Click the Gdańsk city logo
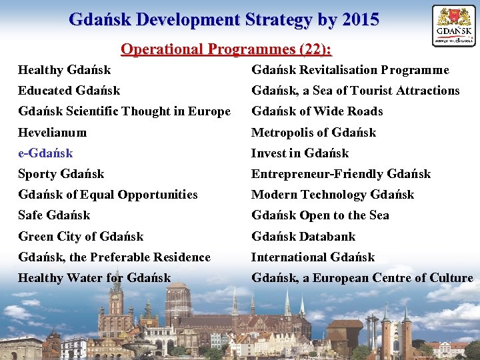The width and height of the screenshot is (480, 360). click(453, 25)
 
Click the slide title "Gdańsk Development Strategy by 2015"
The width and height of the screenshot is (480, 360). click(224, 19)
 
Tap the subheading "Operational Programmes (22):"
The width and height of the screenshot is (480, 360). click(226, 49)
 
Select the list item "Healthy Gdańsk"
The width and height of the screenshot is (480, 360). click(65, 70)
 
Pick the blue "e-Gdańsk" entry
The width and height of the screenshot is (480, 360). click(45, 153)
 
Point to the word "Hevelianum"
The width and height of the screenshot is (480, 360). click(53, 133)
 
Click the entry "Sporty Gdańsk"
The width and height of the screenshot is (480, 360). click(61, 174)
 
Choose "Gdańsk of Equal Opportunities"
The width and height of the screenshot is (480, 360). click(108, 195)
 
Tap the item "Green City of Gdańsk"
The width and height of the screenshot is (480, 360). click(81, 237)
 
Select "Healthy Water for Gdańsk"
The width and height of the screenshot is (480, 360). click(95, 278)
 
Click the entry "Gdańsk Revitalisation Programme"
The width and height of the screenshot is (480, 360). click(350, 70)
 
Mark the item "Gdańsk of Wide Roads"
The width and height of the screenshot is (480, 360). click(317, 111)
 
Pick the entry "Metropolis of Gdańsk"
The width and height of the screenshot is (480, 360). click(313, 133)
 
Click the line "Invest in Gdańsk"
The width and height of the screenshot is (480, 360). click(300, 153)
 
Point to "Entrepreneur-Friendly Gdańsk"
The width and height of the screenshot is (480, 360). click(341, 174)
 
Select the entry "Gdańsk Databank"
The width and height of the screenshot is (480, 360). click(303, 237)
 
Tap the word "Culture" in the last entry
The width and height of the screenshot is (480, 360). click(450, 278)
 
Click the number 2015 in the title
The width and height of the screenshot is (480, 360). click(359, 19)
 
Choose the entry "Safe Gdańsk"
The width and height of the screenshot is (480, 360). click(54, 215)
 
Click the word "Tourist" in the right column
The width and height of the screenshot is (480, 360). click(373, 91)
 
